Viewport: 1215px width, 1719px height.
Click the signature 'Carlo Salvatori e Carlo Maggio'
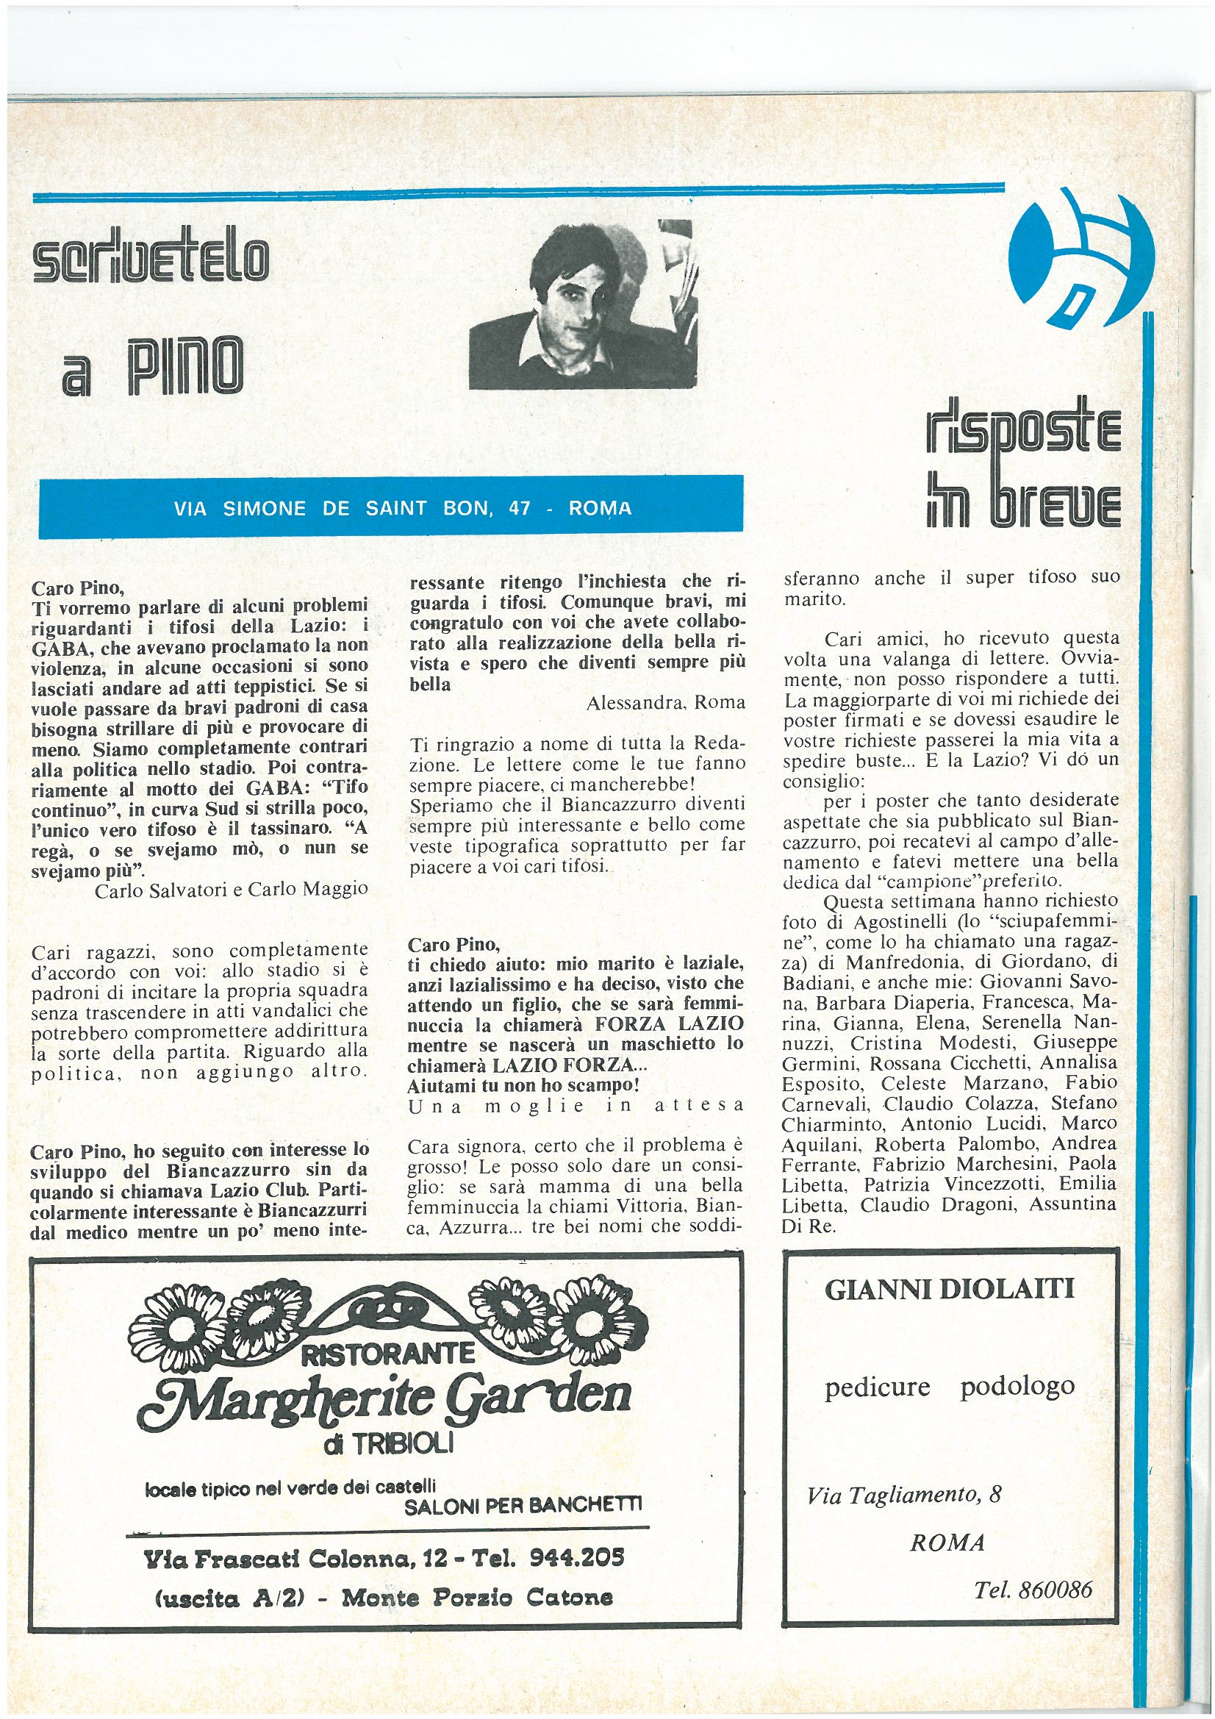pos(232,889)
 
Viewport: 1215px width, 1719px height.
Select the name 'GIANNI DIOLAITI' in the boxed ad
pos(949,1288)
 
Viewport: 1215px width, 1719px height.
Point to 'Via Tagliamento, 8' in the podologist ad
pos(904,1495)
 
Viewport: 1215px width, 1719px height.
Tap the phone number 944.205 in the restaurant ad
pos(576,1558)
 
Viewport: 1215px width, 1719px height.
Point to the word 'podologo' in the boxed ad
pos(1017,1386)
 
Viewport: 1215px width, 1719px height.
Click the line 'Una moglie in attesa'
pos(576,1105)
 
